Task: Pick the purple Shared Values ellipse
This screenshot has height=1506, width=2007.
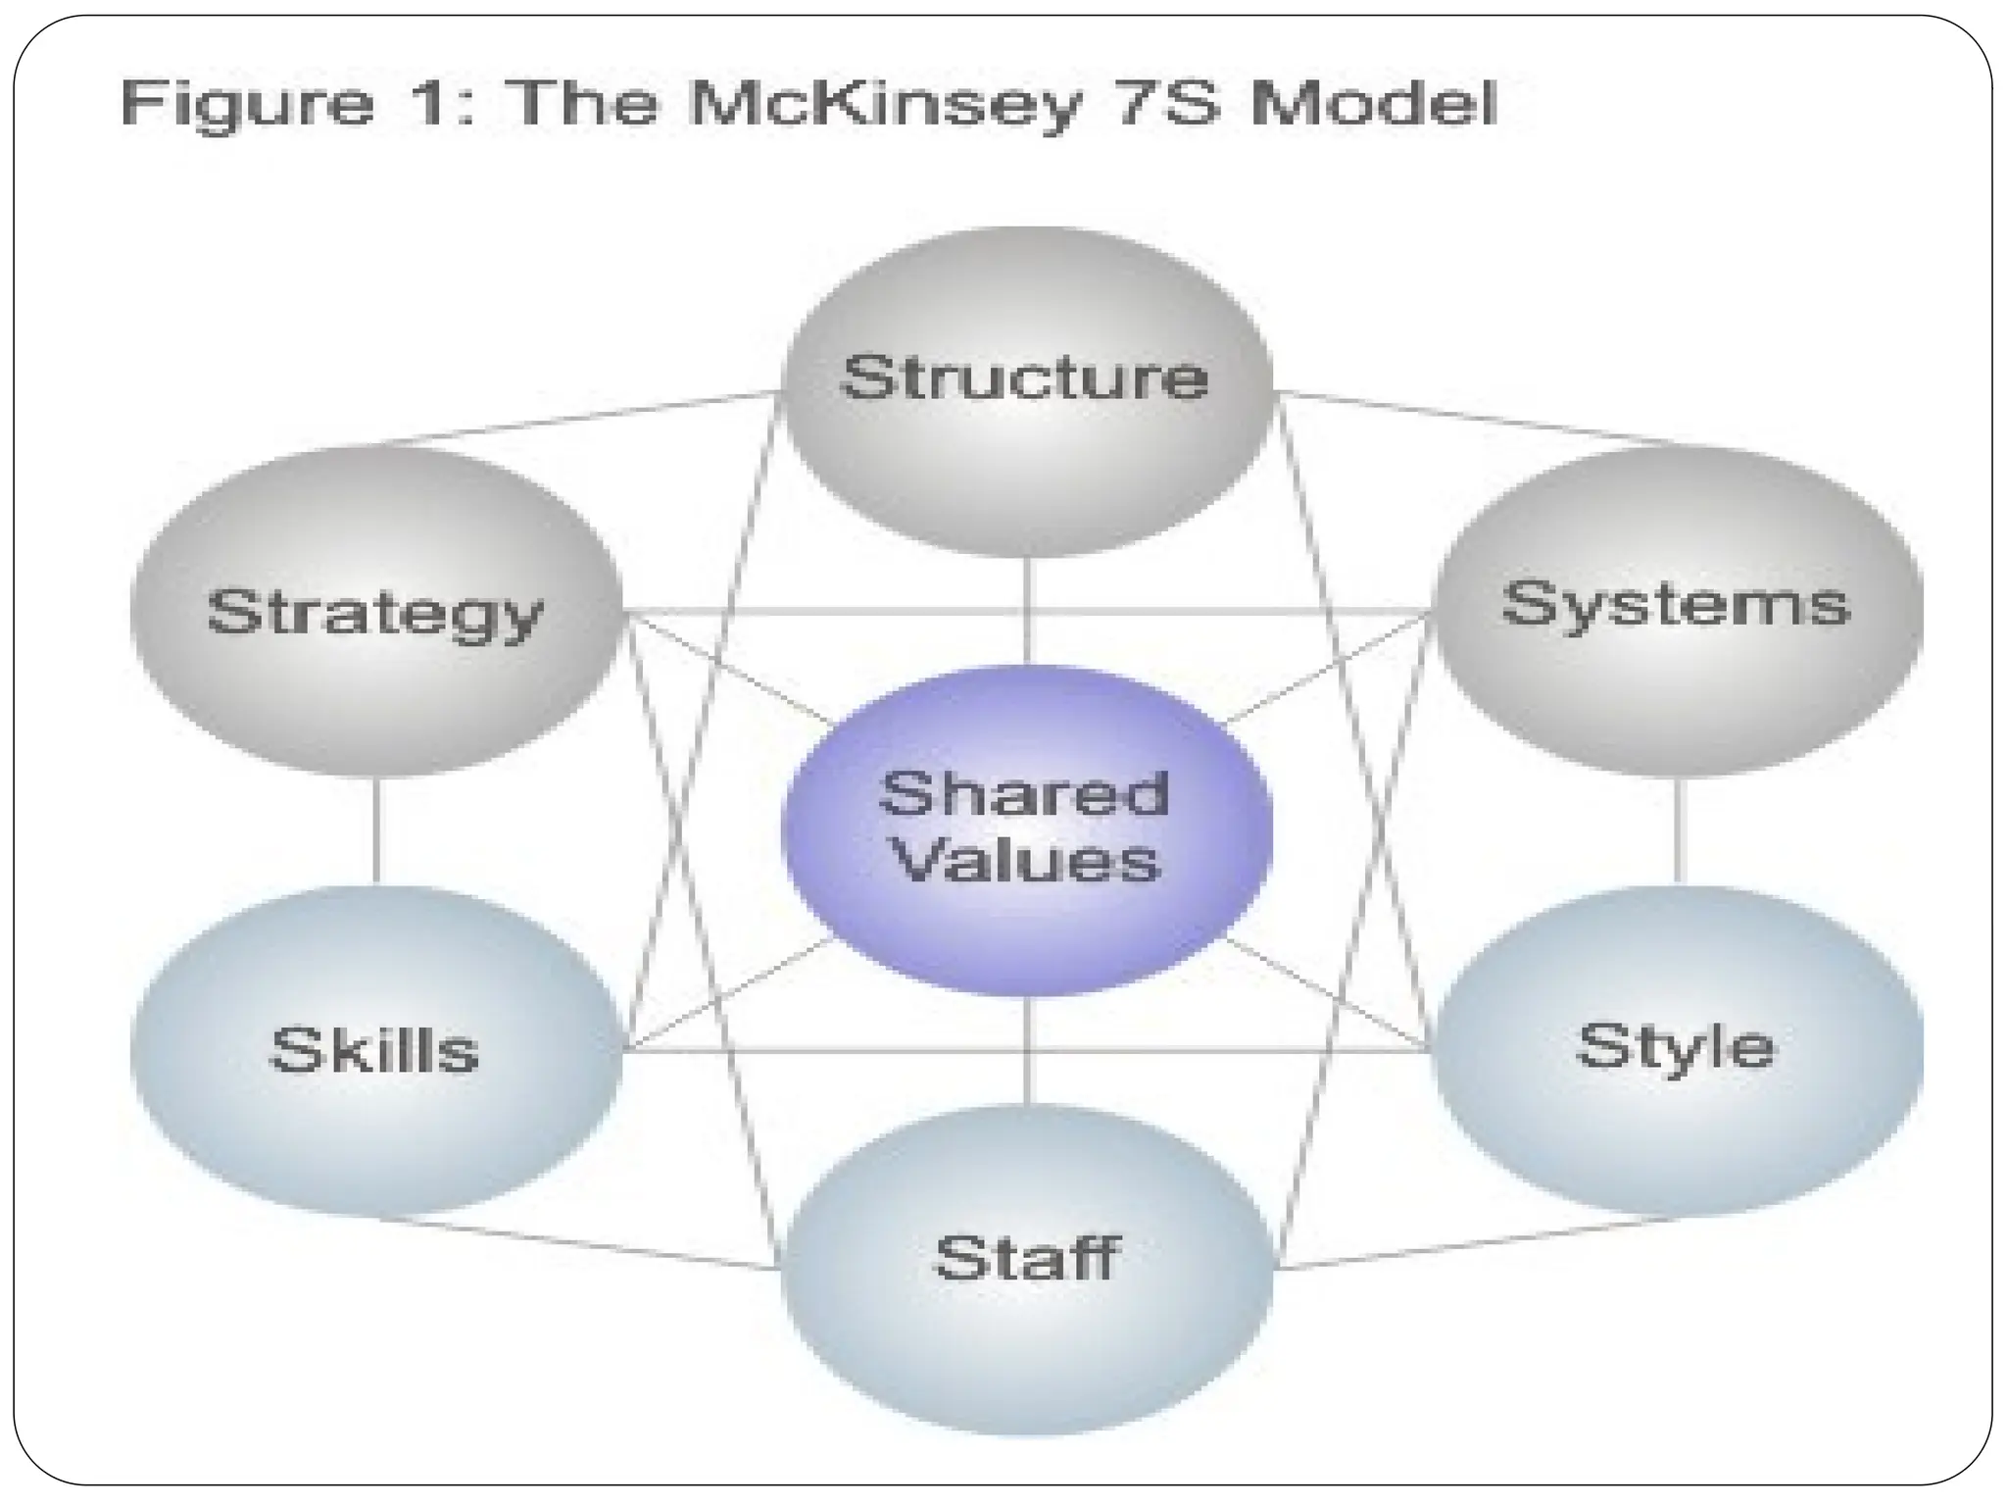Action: point(1026,829)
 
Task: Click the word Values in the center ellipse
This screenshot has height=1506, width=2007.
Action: point(1027,862)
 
